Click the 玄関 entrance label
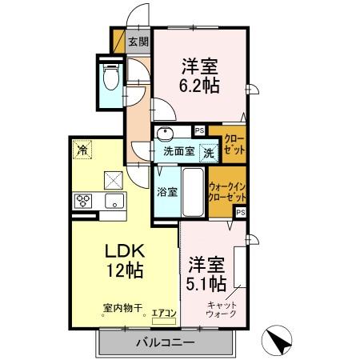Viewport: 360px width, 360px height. [138, 42]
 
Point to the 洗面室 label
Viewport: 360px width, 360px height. [179, 150]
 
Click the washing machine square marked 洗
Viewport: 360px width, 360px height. [207, 150]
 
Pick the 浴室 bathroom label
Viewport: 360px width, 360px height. [166, 192]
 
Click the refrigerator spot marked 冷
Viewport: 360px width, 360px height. [82, 149]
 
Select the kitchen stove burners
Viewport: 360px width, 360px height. [84, 200]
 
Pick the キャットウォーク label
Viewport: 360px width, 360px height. [222, 309]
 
